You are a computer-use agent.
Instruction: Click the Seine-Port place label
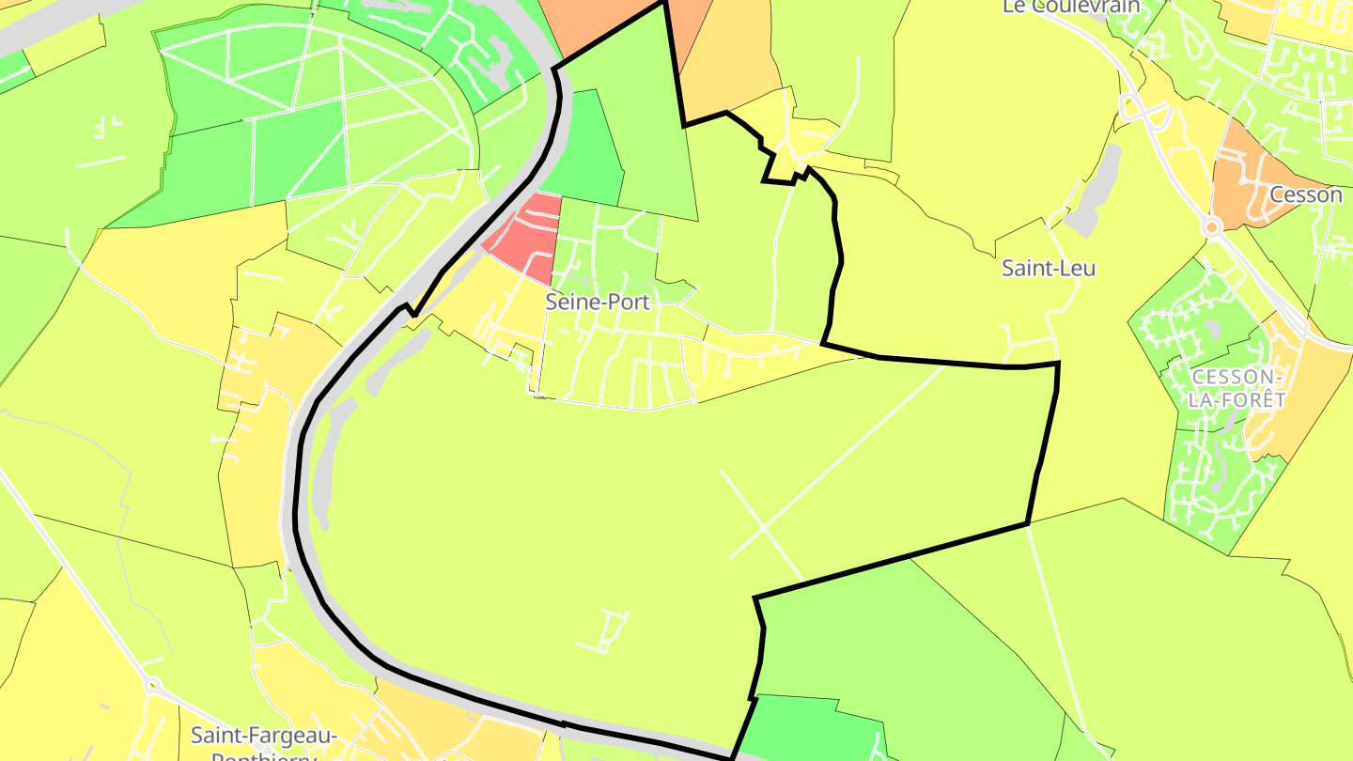[598, 303]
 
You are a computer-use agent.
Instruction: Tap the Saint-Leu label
[1049, 268]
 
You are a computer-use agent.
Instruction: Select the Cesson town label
[1305, 194]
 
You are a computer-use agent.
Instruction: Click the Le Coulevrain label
[1071, 7]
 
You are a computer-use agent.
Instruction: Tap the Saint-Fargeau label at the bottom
[263, 734]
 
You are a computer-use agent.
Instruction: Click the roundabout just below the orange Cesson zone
[1211, 226]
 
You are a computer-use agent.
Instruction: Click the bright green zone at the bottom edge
[808, 728]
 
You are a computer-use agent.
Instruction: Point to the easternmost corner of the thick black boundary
[1059, 363]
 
